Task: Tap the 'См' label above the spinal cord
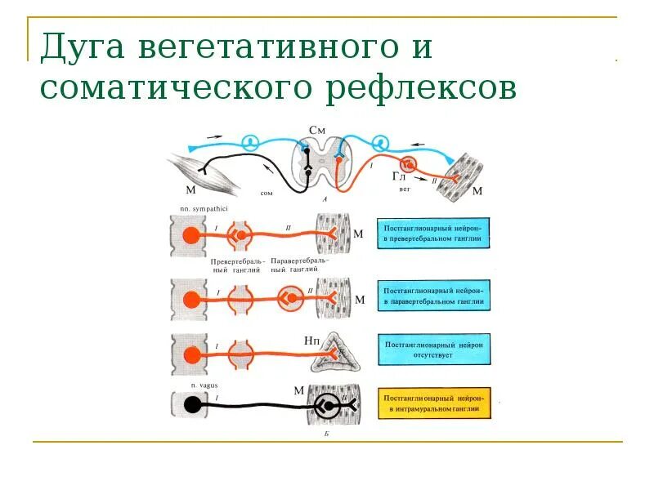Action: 317,130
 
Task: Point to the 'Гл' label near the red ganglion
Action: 399,176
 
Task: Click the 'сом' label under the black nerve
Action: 267,193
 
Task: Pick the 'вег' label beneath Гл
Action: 403,188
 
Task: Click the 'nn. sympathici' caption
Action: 192,210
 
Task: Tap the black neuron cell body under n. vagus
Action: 192,403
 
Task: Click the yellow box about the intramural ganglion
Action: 435,402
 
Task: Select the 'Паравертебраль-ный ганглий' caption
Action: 298,265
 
